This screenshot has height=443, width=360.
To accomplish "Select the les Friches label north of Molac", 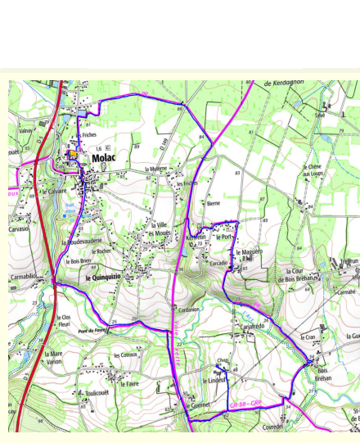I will [x=88, y=134].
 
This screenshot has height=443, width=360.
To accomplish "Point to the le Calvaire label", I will [x=55, y=192].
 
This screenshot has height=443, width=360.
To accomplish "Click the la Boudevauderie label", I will [x=82, y=242].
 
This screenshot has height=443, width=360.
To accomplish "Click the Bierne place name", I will [x=214, y=202].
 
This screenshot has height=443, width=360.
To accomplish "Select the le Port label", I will [x=223, y=237].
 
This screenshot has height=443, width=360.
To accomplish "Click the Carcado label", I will [x=218, y=264].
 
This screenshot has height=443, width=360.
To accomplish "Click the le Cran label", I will [x=308, y=337].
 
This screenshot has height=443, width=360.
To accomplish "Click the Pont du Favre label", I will [x=93, y=330].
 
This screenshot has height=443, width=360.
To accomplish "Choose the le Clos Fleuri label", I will [x=65, y=319].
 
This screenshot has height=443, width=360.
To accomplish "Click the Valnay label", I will [x=25, y=130].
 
